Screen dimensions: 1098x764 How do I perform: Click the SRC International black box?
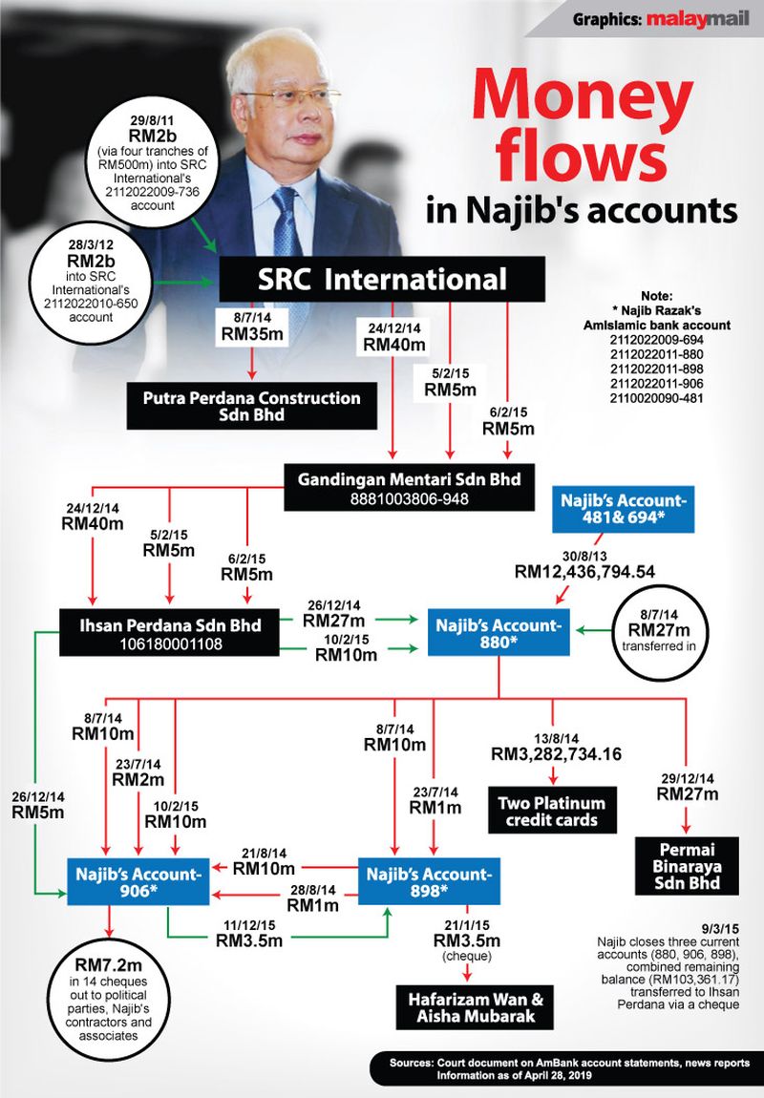coord(382,280)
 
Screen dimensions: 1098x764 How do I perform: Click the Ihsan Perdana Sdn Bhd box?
coord(169,633)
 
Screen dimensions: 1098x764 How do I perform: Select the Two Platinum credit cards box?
coord(551,811)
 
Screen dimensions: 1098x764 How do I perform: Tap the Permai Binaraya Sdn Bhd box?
coord(687,865)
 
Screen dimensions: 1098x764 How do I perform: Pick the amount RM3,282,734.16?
coord(557,754)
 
